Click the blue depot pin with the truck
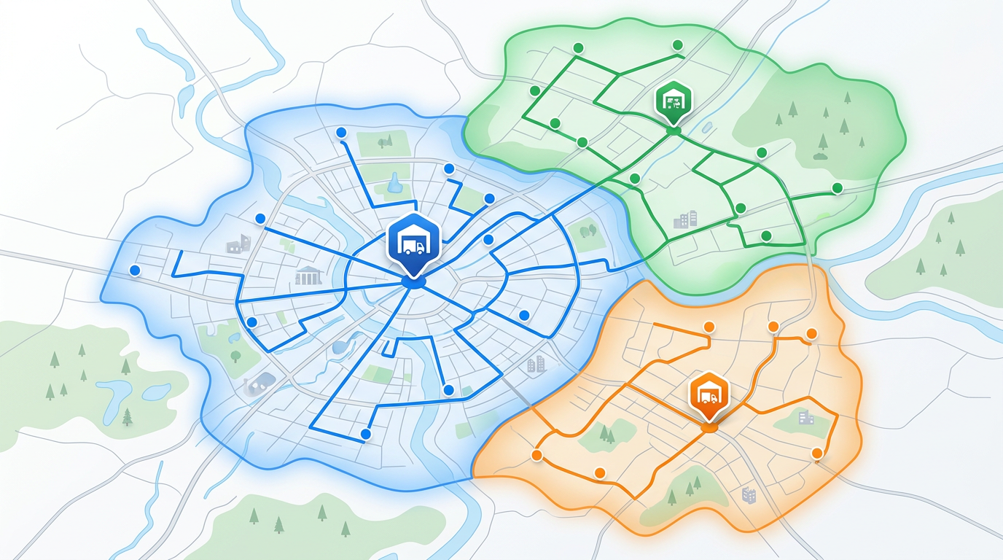point(413,242)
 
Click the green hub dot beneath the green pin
point(674,131)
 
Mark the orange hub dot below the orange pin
point(709,428)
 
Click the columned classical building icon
point(308,275)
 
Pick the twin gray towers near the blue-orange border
point(536,364)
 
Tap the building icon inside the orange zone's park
point(805,417)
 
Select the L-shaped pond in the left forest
point(114,394)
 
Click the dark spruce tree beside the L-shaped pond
point(128,416)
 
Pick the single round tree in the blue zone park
point(235,356)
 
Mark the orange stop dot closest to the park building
point(817,454)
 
